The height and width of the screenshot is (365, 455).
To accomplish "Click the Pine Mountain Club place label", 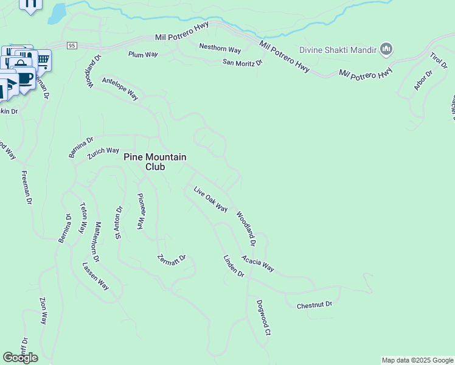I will [155, 161].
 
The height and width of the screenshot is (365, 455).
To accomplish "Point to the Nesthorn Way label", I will [220, 48].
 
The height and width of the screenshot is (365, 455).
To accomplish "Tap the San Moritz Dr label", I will [242, 62].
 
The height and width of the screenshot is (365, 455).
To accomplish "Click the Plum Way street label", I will [143, 54].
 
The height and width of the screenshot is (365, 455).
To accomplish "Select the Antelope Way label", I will [120, 88].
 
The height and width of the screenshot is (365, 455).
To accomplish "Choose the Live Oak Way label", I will [210, 200].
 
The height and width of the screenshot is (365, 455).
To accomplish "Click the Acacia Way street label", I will [258, 263].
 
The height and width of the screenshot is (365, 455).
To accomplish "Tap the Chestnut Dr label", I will [314, 304].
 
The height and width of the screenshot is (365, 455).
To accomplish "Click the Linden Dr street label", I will [234, 266].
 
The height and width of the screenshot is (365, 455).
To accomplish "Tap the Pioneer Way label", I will [140, 211].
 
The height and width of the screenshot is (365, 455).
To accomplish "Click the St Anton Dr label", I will [119, 223].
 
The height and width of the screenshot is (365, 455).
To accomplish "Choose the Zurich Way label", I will [103, 151].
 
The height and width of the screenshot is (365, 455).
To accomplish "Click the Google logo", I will [20, 358].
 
